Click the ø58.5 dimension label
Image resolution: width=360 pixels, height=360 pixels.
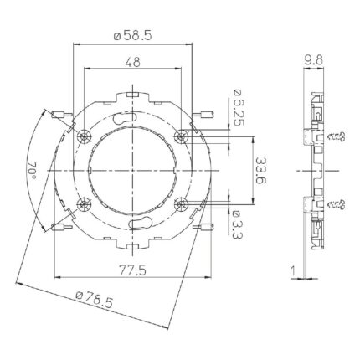click(x=132, y=35)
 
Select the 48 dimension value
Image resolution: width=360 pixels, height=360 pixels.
click(x=132, y=62)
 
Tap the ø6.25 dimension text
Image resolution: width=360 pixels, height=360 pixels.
click(x=237, y=108)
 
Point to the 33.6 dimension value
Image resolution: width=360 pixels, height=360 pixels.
click(x=260, y=171)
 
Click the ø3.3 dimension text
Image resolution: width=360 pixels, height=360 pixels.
click(x=237, y=225)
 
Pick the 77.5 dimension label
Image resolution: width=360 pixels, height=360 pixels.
click(x=132, y=270)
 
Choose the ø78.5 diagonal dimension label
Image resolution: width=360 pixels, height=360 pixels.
click(x=95, y=299)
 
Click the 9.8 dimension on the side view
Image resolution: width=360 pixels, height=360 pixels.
click(x=313, y=60)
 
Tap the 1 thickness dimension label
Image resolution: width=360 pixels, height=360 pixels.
click(x=293, y=271)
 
